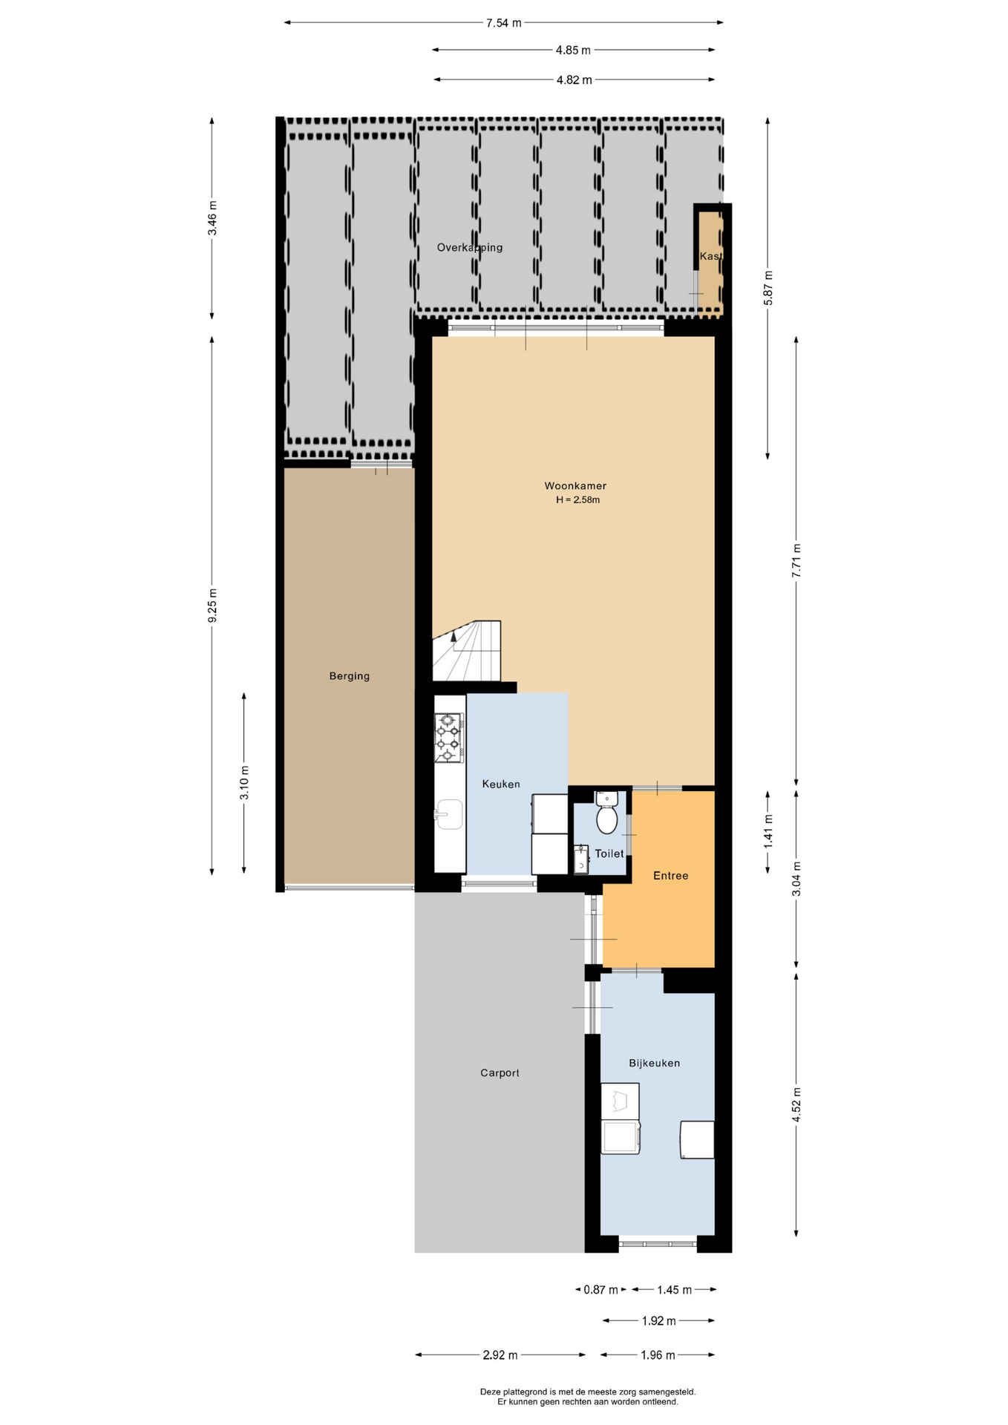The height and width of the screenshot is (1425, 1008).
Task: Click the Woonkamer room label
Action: point(575,486)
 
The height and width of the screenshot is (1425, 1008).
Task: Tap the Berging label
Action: point(350,676)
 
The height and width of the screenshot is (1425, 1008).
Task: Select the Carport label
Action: point(500,1072)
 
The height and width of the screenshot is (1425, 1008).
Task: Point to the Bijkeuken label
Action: point(655,1063)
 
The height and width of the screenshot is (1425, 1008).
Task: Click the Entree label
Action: point(671,876)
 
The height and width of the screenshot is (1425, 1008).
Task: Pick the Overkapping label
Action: point(470,248)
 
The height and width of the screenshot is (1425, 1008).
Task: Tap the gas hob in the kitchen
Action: point(449,738)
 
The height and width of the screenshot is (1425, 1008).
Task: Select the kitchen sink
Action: point(449,814)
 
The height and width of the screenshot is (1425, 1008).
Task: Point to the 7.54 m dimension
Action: point(504,23)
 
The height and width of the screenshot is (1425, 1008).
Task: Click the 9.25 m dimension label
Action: point(212,606)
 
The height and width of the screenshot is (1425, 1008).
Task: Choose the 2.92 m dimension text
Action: point(500,1355)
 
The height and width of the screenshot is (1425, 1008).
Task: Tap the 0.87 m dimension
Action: point(600,1290)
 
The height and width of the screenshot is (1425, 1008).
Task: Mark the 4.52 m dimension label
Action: point(796,1105)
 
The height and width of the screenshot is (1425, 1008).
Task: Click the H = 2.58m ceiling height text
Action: point(578,500)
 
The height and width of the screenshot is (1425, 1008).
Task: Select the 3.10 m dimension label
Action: point(244,782)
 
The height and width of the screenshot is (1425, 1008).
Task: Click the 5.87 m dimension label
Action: point(768,288)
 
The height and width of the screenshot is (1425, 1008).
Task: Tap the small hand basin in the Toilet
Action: point(580,860)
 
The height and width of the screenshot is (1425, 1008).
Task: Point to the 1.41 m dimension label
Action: point(768,832)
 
